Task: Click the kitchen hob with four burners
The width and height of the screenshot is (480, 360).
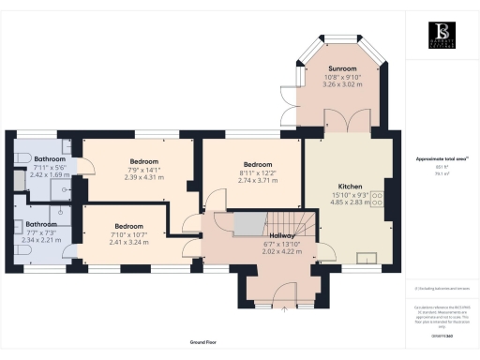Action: pyautogui.click(x=378, y=199)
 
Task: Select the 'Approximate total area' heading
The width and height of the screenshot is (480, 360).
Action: pyautogui.click(x=441, y=159)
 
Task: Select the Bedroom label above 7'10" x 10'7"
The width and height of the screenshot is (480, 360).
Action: pyautogui.click(x=128, y=227)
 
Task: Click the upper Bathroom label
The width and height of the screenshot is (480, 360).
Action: pyautogui.click(x=37, y=159)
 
